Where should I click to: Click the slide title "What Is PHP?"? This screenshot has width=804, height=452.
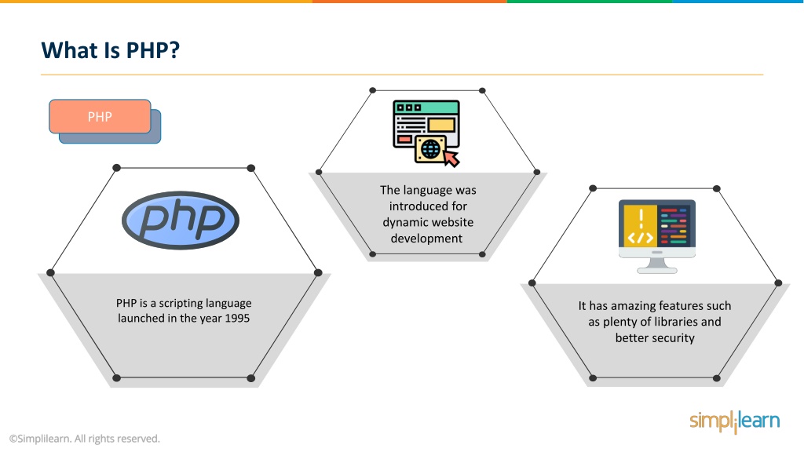pos(111,50)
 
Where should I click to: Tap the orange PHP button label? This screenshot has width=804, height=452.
pos(100,117)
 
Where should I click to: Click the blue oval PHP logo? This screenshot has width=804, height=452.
pos(181,221)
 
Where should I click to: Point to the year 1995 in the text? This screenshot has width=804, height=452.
pos(237,319)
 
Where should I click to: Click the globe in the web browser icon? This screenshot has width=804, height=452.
pos(431,149)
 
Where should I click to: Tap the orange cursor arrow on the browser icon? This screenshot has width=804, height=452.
pos(451,158)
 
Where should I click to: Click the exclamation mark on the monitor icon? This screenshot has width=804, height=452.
pos(641,220)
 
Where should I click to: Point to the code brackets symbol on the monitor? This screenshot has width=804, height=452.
pos(641,238)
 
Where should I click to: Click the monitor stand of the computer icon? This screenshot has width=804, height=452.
pos(657,265)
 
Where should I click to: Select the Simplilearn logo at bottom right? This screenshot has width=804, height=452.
pos(735,421)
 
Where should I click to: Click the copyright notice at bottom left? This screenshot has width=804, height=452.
pos(85,439)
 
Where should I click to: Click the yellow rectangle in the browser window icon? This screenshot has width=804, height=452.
pos(441,125)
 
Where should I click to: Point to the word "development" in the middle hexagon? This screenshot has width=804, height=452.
pos(426,239)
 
